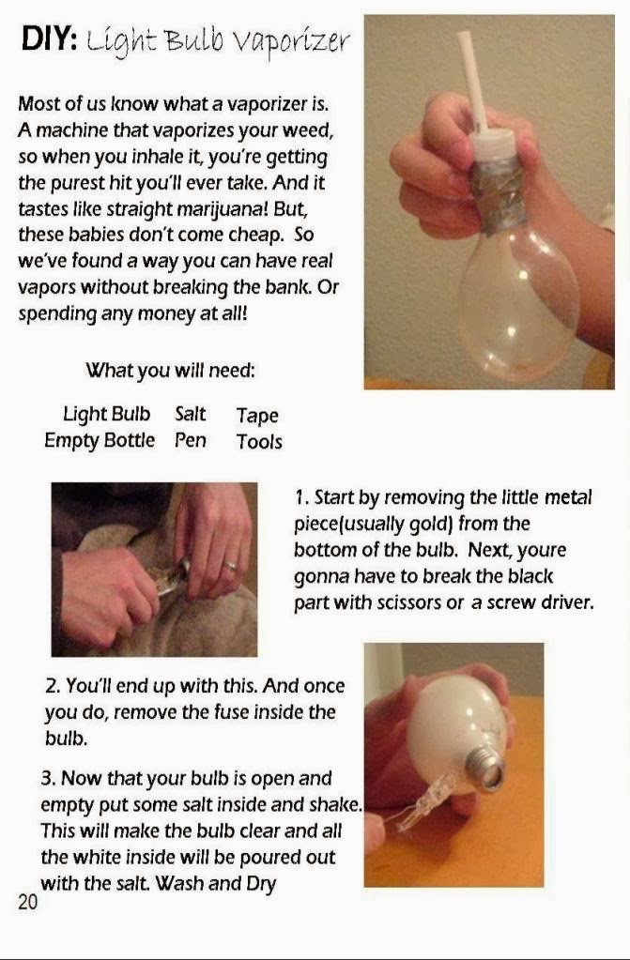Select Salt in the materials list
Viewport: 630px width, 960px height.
click(x=191, y=414)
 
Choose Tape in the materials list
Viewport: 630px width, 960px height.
click(x=257, y=416)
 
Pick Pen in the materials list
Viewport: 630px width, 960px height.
click(x=191, y=440)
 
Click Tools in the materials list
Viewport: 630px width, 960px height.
click(x=259, y=442)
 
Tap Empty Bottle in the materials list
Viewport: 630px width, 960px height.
click(x=100, y=440)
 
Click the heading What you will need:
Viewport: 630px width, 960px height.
click(x=170, y=371)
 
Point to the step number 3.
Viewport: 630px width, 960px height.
click(x=47, y=779)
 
